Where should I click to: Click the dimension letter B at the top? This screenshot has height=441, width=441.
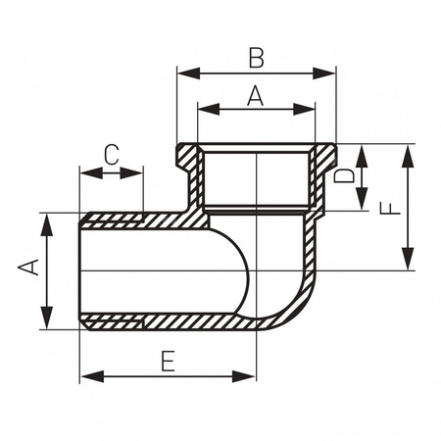256,58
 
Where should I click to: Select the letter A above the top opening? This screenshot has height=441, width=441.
255,95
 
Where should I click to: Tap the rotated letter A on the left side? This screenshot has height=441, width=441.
28,268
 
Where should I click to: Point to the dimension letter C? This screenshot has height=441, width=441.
112,155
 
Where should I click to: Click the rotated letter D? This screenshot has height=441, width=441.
344,175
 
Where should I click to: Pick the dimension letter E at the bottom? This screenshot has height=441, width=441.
169,361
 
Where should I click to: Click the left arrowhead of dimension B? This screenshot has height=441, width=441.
188,73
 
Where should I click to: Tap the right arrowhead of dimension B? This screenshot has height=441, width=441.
324,73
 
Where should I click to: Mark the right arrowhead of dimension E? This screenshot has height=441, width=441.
244,376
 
